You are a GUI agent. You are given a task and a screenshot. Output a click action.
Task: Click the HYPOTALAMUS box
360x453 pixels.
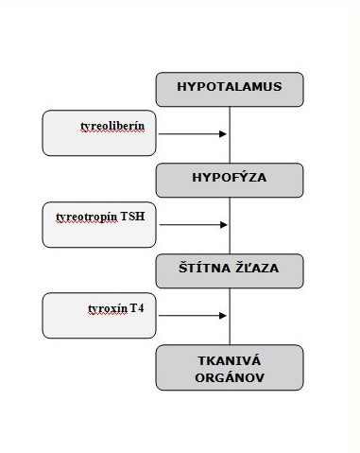(230, 88)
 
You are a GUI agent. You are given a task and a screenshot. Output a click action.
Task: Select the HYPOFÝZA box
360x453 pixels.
(230, 179)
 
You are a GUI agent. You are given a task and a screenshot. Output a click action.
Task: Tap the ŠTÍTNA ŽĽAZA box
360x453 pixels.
(230, 270)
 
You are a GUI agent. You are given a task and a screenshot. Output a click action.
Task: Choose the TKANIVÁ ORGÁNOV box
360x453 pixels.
(230, 367)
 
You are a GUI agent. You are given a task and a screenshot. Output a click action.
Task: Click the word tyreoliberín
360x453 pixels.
(112, 125)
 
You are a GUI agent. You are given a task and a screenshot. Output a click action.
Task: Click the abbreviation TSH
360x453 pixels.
(133, 217)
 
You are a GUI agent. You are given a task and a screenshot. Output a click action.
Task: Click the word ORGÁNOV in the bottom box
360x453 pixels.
(230, 377)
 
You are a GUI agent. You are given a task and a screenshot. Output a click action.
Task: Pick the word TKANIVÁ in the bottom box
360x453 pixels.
(230, 358)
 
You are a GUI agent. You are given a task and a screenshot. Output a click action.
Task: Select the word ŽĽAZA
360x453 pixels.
(254, 270)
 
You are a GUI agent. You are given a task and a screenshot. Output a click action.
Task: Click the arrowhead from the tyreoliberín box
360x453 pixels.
(224, 134)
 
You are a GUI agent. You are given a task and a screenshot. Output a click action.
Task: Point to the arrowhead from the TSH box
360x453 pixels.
(224, 225)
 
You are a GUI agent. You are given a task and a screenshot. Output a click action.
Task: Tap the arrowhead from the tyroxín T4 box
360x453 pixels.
(224, 316)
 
